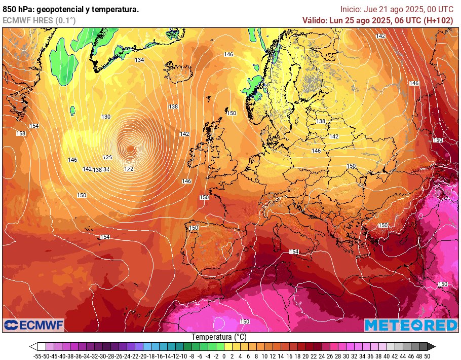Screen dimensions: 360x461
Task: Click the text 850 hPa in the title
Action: click(x=16, y=9)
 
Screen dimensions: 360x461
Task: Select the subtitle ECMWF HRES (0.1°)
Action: click(x=39, y=20)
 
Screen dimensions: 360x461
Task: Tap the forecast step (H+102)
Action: click(x=438, y=20)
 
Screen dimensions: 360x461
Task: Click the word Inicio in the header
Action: click(x=351, y=9)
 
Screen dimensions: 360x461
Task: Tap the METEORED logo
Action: click(x=411, y=325)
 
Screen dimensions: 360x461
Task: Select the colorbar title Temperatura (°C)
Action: click(x=219, y=337)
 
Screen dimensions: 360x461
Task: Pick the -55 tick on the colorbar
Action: click(x=36, y=356)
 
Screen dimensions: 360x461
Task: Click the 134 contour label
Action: click(x=139, y=60)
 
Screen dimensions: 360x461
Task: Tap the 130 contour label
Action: click(x=106, y=117)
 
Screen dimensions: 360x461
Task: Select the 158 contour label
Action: click(x=21, y=133)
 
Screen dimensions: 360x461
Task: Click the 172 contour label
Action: click(x=129, y=168)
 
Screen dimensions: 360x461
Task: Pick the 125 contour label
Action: click(x=107, y=158)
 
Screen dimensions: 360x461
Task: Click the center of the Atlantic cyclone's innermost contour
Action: click(x=131, y=149)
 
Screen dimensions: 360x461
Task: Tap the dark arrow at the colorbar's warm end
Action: click(x=431, y=347)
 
